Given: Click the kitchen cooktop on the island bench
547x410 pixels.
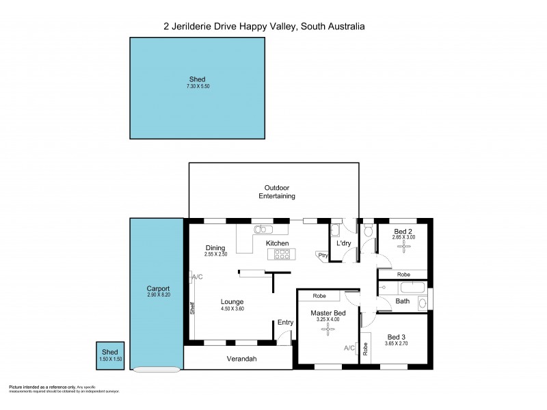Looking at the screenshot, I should tap(282, 254).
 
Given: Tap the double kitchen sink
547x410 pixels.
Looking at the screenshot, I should tap(262, 230).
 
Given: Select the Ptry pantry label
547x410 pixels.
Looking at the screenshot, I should tap(323, 256).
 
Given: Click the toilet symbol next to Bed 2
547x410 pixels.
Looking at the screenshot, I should tap(369, 233).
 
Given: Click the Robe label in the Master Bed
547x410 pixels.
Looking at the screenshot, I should tap(319, 297).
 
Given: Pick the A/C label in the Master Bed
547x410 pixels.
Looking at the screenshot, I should tap(349, 348).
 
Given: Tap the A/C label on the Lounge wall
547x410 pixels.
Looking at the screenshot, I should tap(197, 277).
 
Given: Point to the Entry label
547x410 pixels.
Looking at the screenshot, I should tap(285, 323).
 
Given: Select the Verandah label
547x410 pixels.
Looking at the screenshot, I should tap(241, 359).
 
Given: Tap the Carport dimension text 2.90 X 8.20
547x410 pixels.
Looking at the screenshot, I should tap(158, 295).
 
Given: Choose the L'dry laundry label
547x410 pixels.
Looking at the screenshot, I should tap(344, 243).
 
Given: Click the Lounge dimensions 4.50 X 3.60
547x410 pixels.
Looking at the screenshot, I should tap(232, 309).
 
